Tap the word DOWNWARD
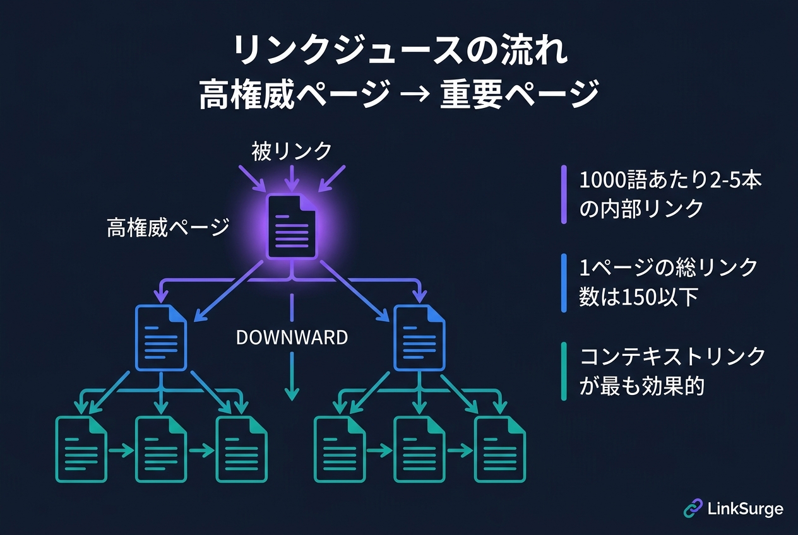click(x=292, y=338)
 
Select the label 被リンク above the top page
click(x=291, y=151)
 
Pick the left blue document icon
click(x=162, y=338)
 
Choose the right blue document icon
click(x=419, y=338)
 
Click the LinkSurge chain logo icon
click(x=693, y=509)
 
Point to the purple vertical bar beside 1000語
click(x=564, y=194)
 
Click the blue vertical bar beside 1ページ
click(x=564, y=283)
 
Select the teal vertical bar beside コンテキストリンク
click(x=564, y=372)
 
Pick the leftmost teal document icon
click(x=81, y=449)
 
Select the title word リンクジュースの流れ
click(x=398, y=52)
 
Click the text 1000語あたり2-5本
click(x=670, y=180)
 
